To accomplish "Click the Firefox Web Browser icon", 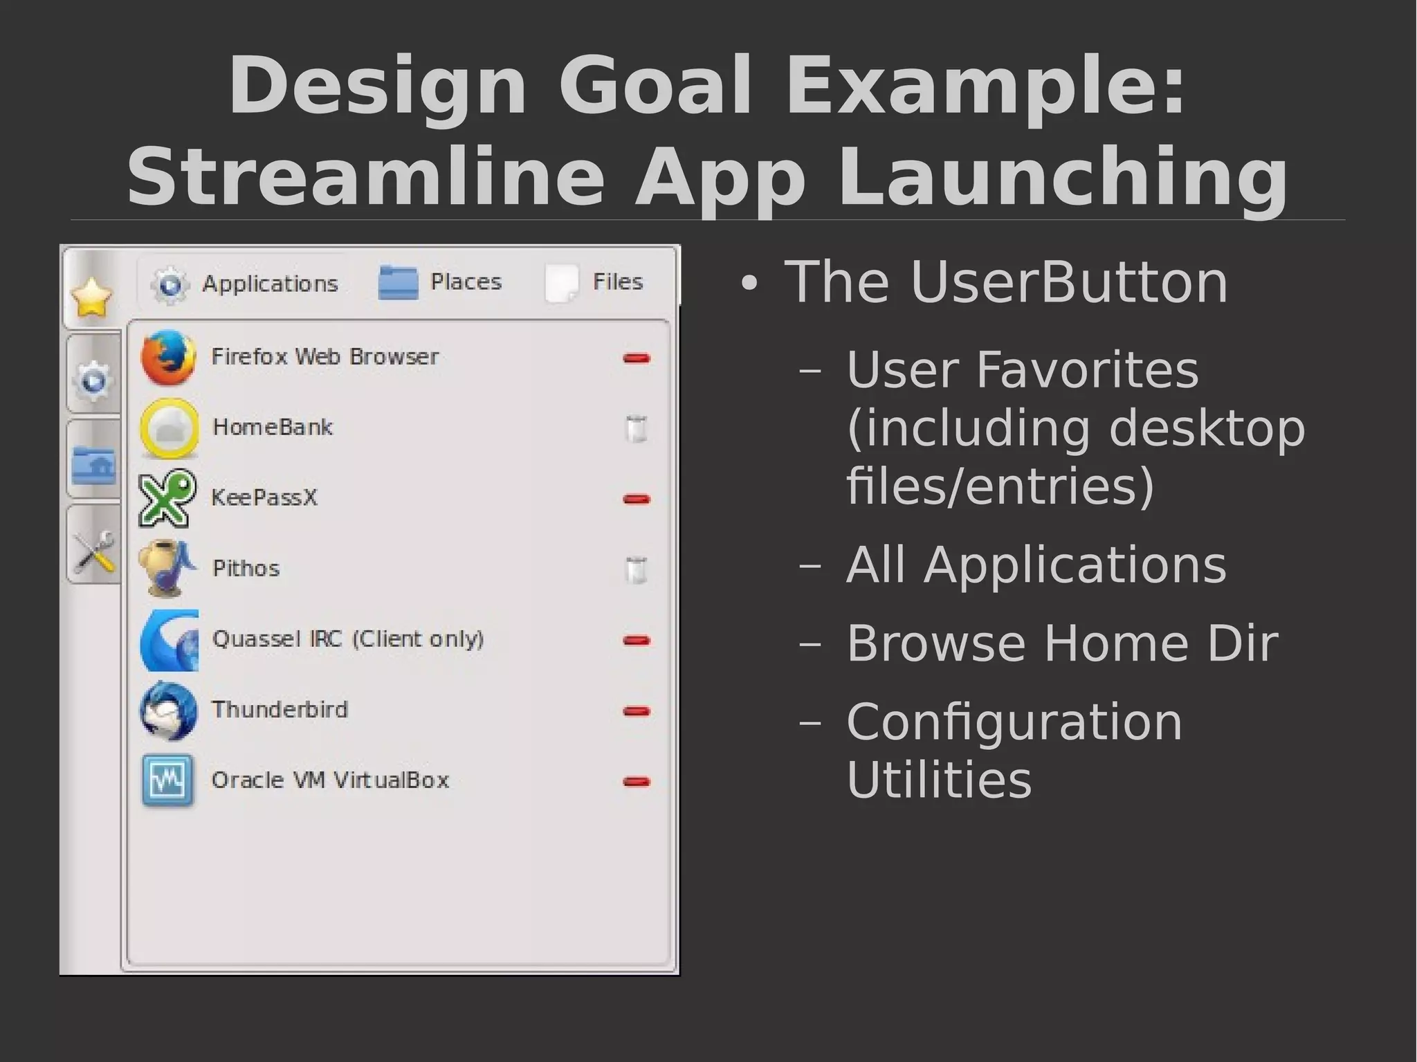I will click(167, 357).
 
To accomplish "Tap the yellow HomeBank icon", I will click(169, 428).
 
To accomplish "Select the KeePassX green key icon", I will click(167, 498).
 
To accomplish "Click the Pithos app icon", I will click(167, 568).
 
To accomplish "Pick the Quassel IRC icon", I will click(169, 640).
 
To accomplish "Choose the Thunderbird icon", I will click(168, 711).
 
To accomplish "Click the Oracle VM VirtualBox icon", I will click(167, 781).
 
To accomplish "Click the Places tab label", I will click(466, 282).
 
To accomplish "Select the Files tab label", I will click(617, 282).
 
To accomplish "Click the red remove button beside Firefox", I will click(636, 358).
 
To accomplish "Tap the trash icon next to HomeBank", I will click(636, 428).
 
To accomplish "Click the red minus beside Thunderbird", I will click(636, 711).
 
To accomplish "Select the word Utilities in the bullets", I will click(939, 780).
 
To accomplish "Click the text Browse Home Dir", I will click(1062, 643).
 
